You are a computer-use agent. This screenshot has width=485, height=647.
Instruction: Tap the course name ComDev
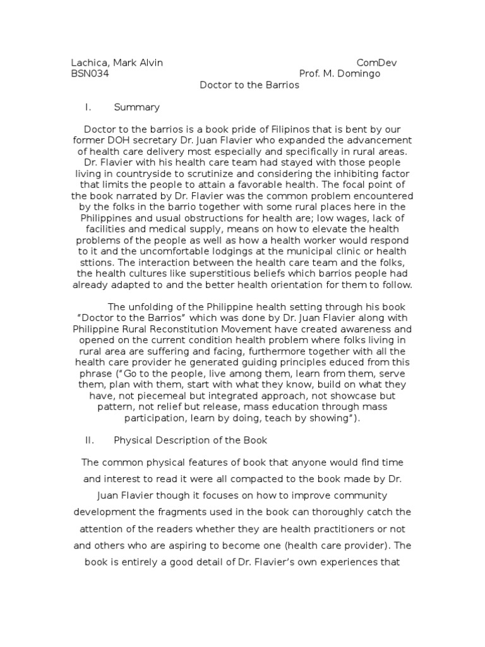tap(377, 63)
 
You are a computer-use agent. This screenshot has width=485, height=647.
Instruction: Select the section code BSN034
tap(90, 74)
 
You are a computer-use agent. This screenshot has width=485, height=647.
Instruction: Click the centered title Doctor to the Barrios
tap(249, 85)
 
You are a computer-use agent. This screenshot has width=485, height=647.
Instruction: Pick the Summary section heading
tap(136, 107)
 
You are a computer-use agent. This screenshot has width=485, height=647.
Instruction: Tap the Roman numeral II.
tap(89, 440)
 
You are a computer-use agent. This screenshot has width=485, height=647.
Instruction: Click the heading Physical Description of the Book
tap(191, 440)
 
